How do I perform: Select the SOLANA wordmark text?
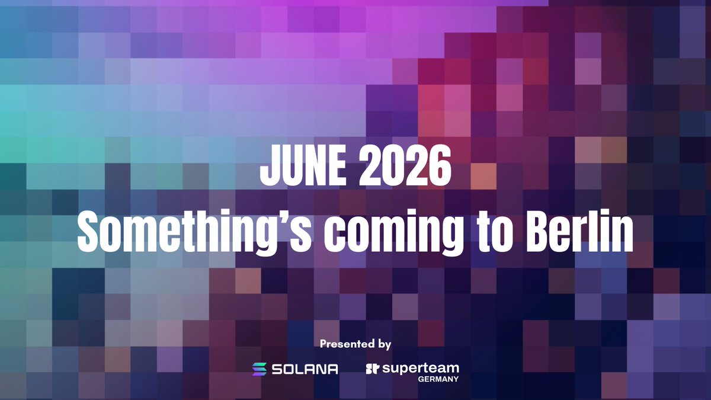click(x=305, y=369)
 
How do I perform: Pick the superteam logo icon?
click(x=372, y=369)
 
